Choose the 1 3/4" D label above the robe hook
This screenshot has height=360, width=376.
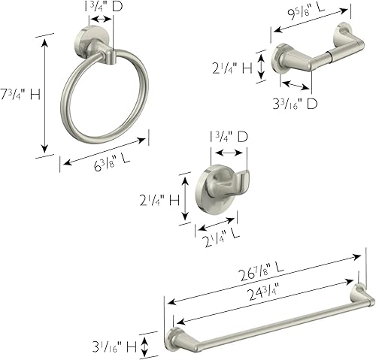point(228,137)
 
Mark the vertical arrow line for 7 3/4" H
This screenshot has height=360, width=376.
point(47,94)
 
